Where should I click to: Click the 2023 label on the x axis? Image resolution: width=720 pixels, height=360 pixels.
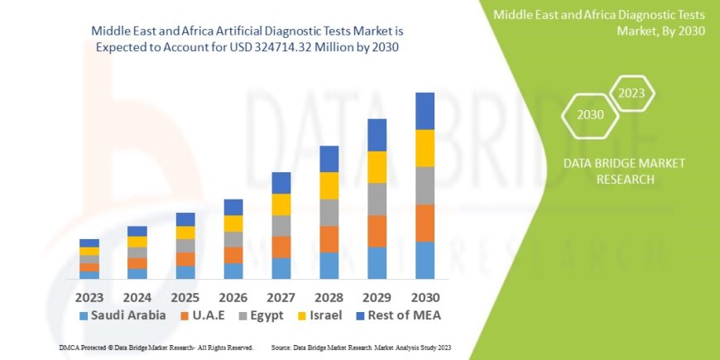(x=89, y=296)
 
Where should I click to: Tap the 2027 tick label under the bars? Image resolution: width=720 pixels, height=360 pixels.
(x=281, y=296)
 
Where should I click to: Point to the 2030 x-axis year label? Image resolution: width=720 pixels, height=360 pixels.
(x=425, y=296)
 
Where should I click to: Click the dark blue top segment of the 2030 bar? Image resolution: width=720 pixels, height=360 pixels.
(x=425, y=111)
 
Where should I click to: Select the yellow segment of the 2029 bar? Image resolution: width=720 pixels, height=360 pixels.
(x=377, y=167)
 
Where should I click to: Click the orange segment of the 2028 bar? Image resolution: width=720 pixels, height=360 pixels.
(x=329, y=239)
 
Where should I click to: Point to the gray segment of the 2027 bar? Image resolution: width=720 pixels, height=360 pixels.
(x=281, y=226)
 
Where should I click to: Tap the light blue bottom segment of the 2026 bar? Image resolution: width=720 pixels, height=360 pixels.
(x=233, y=271)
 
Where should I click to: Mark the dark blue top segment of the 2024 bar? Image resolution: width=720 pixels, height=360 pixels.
(x=137, y=232)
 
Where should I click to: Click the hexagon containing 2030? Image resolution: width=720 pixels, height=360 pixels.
(x=590, y=114)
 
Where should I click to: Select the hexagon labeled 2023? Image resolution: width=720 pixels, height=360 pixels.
(x=631, y=93)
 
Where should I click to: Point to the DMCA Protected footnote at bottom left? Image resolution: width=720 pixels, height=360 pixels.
(x=156, y=347)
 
